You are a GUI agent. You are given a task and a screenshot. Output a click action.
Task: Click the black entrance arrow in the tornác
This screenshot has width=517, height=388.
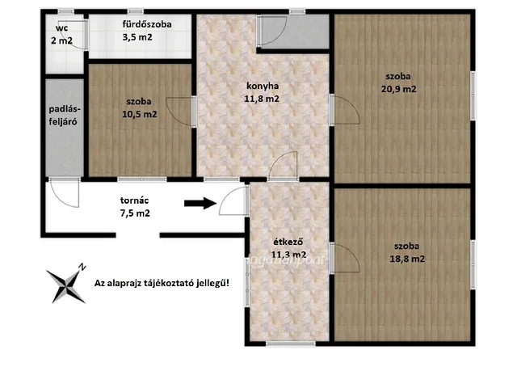tap(200, 203)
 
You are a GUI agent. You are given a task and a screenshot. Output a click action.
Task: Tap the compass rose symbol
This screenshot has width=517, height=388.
tap(66, 285)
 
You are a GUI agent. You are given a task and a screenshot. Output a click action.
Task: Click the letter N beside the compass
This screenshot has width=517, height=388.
tap(82, 267)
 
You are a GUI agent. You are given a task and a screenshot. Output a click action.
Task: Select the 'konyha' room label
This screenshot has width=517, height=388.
tap(263, 86)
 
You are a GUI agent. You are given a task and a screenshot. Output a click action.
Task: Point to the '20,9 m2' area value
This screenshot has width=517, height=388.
tap(398, 89)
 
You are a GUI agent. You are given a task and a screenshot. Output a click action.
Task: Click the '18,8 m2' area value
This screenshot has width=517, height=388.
tap(407, 259)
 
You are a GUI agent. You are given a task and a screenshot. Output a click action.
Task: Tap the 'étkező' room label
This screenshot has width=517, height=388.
tap(288, 242)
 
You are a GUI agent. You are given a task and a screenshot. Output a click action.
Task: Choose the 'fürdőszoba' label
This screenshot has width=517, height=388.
tap(147, 24)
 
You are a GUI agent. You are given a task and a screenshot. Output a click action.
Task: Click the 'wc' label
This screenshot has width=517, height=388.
tap(61, 28)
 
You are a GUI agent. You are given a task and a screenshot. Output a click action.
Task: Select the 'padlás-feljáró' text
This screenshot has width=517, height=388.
tap(63, 116)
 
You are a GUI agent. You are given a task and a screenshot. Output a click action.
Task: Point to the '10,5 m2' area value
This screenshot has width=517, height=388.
tap(140, 115)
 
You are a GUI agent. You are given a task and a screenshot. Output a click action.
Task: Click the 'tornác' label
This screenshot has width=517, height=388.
tap(134, 200)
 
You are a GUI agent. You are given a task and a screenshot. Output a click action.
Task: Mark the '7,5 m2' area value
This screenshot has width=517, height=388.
tap(135, 213)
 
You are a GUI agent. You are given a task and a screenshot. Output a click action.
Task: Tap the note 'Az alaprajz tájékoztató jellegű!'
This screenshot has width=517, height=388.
tap(162, 283)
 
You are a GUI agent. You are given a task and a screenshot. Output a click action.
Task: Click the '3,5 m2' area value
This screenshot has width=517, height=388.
tap(137, 37)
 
